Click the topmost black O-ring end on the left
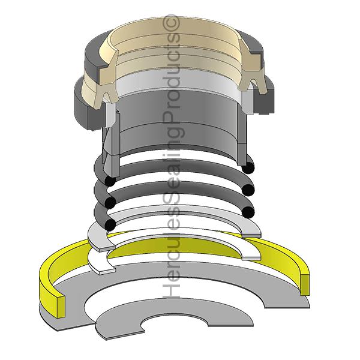click(x=109, y=181)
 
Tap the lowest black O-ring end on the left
click(x=109, y=224)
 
